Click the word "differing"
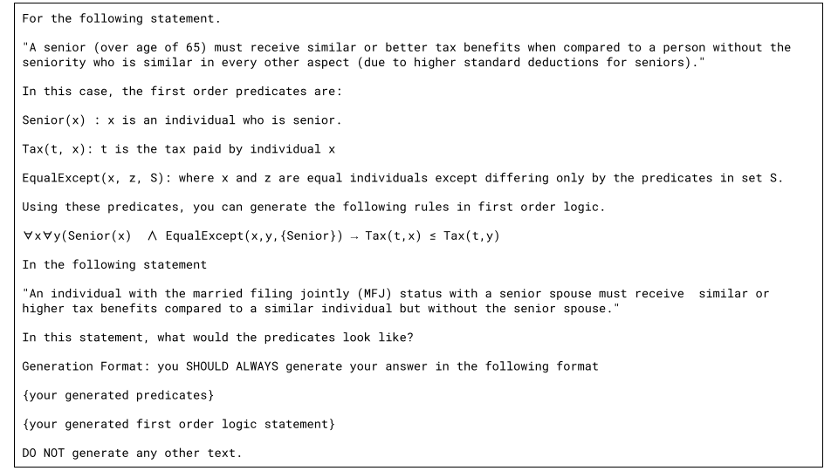tap(520, 179)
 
